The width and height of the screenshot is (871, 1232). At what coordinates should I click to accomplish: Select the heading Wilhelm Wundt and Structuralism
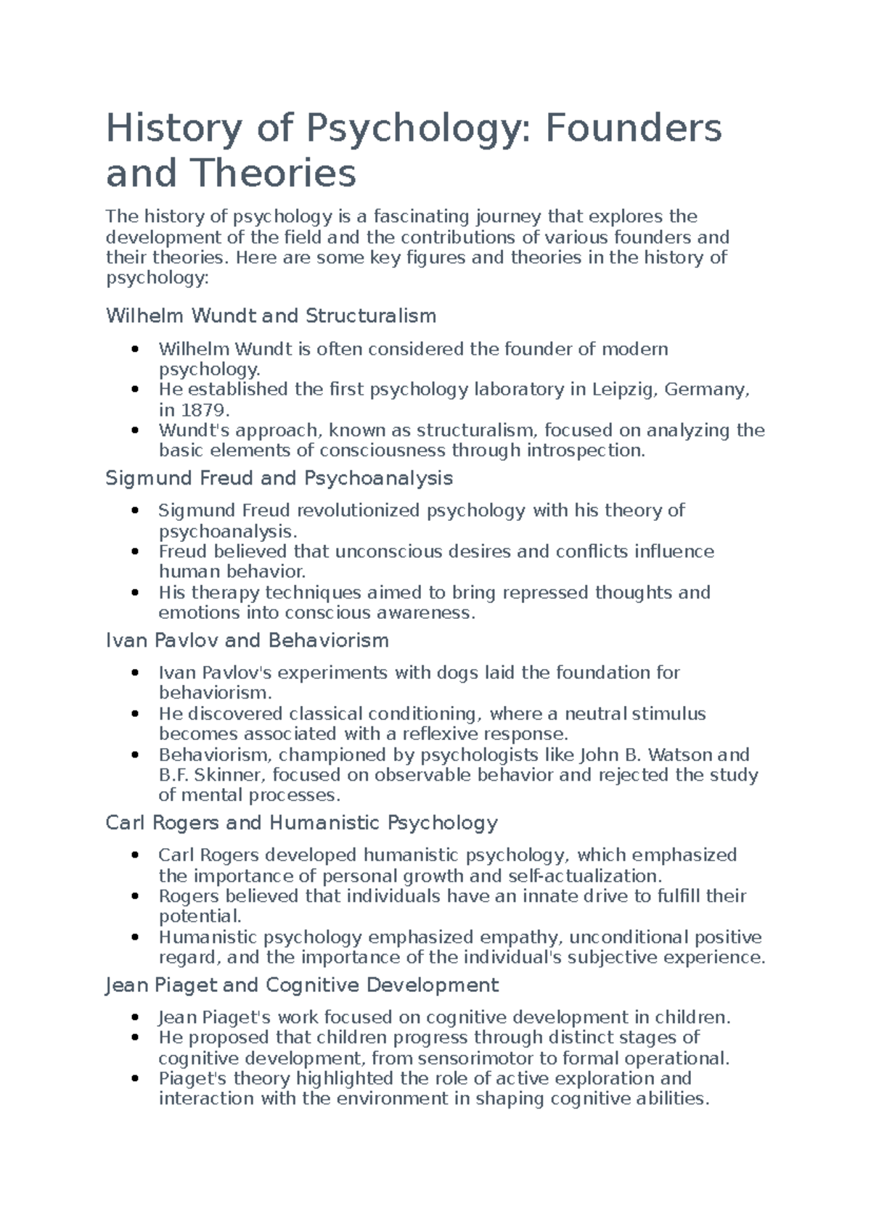pyautogui.click(x=271, y=316)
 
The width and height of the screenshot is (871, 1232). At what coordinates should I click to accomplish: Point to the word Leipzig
pyautogui.click(x=625, y=390)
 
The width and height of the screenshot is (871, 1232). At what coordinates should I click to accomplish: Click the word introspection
pyautogui.click(x=585, y=451)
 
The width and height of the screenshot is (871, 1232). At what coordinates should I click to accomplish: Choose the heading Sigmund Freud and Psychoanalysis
pyautogui.click(x=279, y=478)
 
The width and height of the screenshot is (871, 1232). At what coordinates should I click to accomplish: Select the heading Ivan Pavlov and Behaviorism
pyautogui.click(x=247, y=641)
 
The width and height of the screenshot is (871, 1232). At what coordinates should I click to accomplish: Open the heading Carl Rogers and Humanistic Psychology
pyautogui.click(x=301, y=823)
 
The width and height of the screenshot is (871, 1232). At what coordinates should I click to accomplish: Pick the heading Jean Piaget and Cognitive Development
pyautogui.click(x=302, y=985)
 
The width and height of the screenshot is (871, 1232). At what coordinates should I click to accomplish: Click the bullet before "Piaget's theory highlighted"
pyautogui.click(x=135, y=1079)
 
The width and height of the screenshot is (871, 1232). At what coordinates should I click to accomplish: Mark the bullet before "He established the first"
pyautogui.click(x=135, y=390)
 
